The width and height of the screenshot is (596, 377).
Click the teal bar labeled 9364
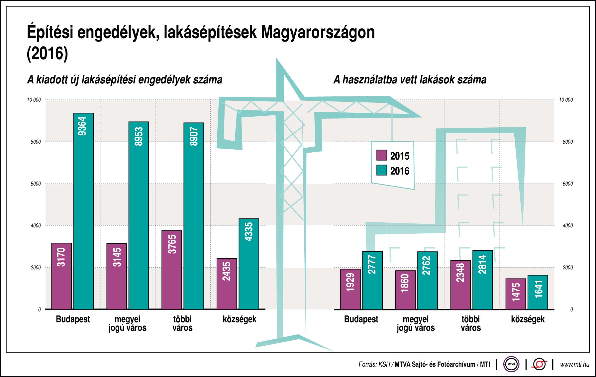tap(83, 211)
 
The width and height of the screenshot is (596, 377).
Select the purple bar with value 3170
tap(61, 276)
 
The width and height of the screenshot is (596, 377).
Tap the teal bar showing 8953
tap(139, 215)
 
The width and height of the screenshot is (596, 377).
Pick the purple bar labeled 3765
tap(172, 270)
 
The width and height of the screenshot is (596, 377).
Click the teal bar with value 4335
tap(249, 264)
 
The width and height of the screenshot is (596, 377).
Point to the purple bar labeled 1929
tap(350, 289)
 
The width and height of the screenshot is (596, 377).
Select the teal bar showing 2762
tap(427, 281)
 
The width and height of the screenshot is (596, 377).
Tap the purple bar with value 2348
tap(460, 285)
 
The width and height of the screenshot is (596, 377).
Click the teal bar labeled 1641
tap(538, 292)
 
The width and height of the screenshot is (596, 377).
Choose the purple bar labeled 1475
tap(516, 294)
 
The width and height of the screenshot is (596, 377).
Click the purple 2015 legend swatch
tap(382, 155)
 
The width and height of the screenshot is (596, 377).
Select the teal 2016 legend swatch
tap(382, 170)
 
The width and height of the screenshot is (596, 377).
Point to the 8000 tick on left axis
tap(36, 142)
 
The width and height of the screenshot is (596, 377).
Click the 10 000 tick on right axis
tap(566, 100)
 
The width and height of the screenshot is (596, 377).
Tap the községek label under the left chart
tap(240, 319)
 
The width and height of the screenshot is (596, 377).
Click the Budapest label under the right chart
tap(361, 319)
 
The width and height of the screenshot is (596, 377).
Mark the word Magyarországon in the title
tap(318, 33)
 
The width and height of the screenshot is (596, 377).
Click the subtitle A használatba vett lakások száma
tap(410, 80)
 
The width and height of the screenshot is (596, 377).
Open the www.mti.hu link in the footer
tap(574, 364)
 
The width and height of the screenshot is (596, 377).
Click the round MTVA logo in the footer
tap(511, 364)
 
